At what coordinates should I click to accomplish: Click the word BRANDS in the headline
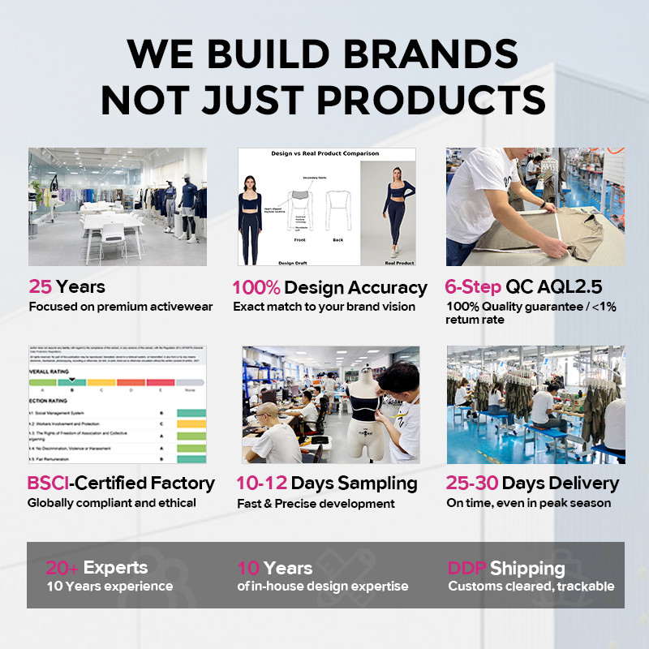coord(416,54)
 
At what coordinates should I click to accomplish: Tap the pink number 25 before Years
coord(40,286)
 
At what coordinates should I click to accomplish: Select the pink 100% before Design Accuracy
coord(256,287)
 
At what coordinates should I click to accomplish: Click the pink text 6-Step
coord(472,286)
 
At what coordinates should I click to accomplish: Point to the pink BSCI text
coord(48,484)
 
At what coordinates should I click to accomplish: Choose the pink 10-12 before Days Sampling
coord(260,484)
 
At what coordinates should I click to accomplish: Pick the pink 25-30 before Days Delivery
coord(471,484)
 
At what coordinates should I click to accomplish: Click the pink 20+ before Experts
coord(62,568)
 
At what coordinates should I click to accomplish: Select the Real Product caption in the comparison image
coord(398,263)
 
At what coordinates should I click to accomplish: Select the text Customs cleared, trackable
coord(531,586)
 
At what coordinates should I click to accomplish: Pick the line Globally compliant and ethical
coord(112,503)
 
